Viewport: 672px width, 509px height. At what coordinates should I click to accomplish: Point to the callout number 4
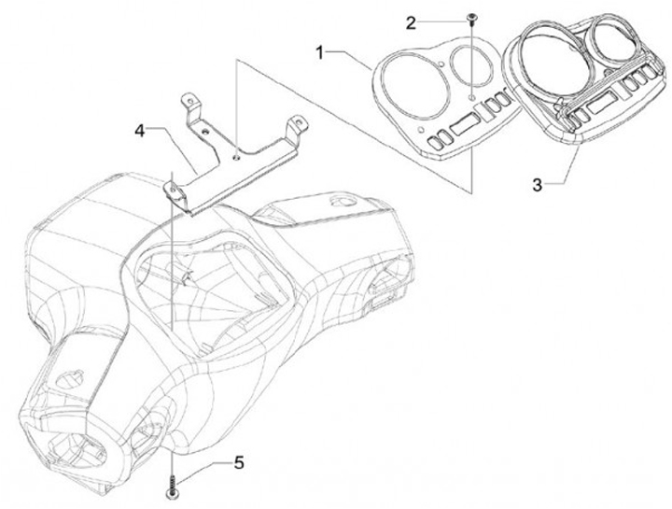pyautogui.click(x=139, y=132)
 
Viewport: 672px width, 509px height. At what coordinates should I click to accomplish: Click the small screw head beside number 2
pyautogui.click(x=472, y=18)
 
